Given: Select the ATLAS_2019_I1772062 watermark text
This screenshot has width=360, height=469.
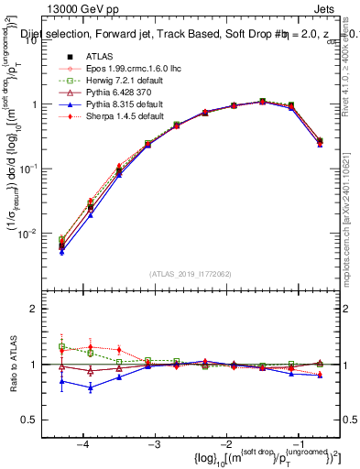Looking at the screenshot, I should click(x=189, y=273).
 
